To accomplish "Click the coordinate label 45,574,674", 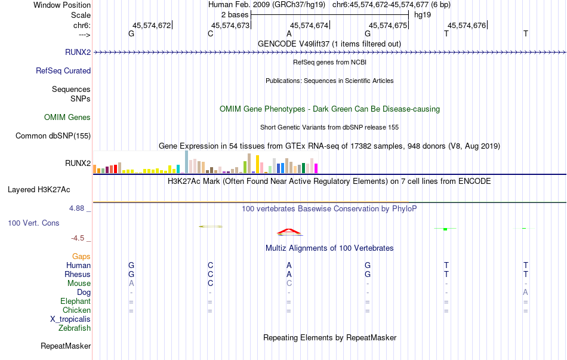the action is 309,25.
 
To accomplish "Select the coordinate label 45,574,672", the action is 152,25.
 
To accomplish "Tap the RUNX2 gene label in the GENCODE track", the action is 78,52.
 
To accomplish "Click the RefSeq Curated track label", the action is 63,70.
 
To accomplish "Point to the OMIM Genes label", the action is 67,117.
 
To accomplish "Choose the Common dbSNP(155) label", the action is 53,136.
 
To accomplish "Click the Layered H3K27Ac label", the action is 39,190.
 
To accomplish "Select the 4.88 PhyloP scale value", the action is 76,208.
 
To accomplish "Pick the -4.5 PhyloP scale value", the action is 78,238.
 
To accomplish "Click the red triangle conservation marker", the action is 289,231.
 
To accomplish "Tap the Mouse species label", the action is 79,284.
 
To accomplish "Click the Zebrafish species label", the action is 75,328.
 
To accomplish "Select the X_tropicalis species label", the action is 70,319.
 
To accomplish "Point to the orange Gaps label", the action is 81,257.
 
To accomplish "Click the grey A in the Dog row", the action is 525,293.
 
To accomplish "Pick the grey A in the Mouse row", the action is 131,284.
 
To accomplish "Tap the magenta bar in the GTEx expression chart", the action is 316,168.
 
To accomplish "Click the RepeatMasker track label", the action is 66,346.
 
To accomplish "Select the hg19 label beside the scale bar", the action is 423,15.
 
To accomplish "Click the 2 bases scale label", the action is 235,15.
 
